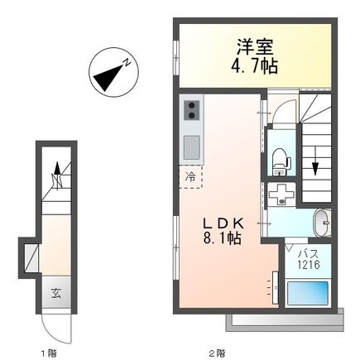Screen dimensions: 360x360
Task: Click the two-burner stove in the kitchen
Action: coord(192,110)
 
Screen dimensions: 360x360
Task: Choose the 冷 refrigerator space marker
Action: coord(190,175)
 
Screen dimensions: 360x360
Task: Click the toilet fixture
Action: coord(280,156)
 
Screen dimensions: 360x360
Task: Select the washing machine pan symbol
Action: coord(282,195)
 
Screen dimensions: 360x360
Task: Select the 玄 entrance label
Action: coord(56,292)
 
